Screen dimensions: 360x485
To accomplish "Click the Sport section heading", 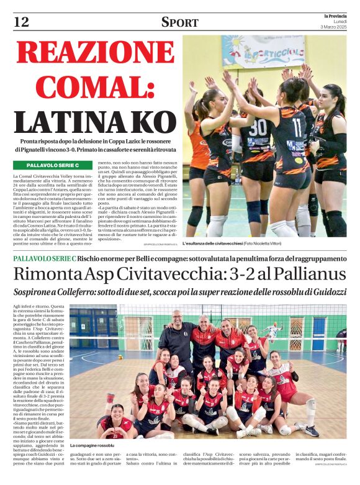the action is (x=180, y=22).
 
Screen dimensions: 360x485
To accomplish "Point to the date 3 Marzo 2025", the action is (x=336, y=28).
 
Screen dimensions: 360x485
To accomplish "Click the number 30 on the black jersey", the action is (x=256, y=125).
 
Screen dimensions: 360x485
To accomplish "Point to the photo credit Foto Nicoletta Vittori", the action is (x=268, y=244).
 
